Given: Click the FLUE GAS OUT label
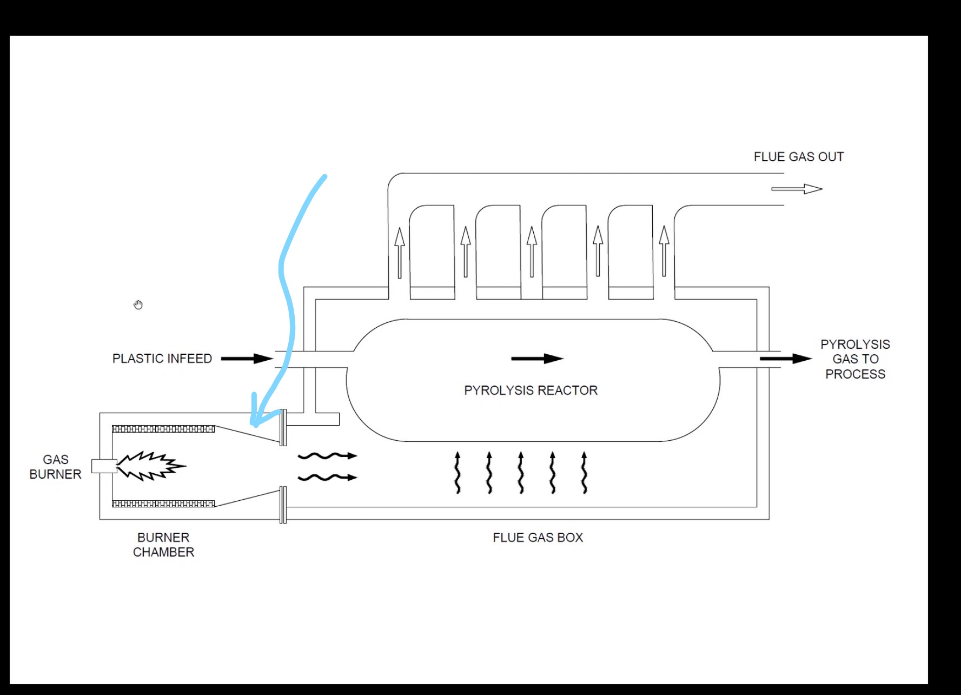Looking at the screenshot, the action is point(798,157).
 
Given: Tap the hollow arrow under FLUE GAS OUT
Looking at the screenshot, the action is point(797,189).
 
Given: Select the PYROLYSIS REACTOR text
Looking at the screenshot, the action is point(531,390).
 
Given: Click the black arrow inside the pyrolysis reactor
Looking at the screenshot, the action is point(538,359).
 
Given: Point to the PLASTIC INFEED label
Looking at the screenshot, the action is point(162,359).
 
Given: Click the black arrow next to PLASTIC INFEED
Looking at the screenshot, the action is point(247,359).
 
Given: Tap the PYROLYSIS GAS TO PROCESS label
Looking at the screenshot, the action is point(855,359).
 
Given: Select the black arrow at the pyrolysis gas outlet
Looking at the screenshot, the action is point(786,359).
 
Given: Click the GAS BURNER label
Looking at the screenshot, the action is point(55,467).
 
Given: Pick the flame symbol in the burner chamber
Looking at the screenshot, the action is point(151,466).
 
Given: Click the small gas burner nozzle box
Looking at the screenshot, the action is point(104,466).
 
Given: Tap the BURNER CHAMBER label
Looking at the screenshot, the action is point(163,545).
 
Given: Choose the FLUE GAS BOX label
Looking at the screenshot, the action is point(538,538).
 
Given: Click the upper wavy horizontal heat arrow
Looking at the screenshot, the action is point(328,456).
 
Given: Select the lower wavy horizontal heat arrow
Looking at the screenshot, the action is point(328,478).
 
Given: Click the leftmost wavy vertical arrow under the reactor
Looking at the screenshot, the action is point(458,472).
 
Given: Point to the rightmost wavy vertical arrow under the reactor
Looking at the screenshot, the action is point(584,472).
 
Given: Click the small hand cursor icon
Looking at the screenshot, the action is point(138,305).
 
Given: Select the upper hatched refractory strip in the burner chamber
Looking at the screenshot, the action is point(163,429).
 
